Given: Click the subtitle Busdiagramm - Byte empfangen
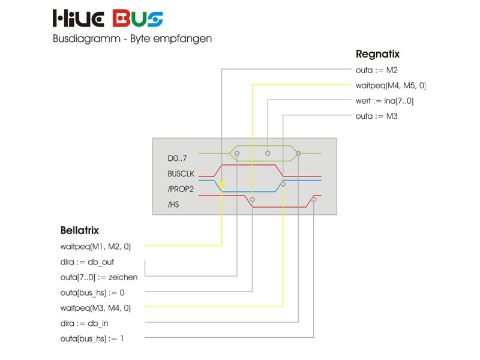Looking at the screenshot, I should tap(132, 38).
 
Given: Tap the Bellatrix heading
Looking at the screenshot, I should tap(79, 230).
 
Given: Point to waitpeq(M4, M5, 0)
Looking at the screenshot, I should tap(391, 85).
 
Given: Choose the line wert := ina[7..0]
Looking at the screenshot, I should tap(385, 101).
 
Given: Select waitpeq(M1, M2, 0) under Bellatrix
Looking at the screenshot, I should tap(95, 246).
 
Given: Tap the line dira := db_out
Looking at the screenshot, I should tap(87, 262).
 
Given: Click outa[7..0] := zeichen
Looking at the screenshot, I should tap(99, 277).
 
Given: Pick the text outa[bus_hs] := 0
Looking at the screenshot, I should tap(93, 293).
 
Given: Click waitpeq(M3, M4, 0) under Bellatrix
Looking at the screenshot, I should tap(95, 308).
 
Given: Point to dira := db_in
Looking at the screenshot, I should tap(85, 323).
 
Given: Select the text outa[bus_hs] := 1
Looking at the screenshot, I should tap(92, 339).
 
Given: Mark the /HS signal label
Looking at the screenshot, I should tap(173, 205).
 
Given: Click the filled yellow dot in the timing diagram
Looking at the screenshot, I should tap(222, 184).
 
